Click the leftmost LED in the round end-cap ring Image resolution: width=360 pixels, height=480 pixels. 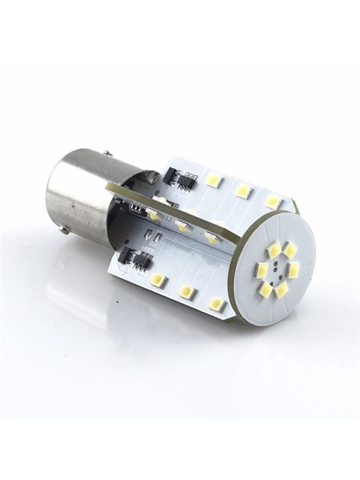pyautogui.click(x=262, y=270)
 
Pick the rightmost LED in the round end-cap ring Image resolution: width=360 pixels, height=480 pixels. pyautogui.click(x=293, y=269)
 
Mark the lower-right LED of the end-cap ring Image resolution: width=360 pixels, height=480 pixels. pyautogui.click(x=281, y=289)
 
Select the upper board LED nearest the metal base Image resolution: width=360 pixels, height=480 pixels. pyautogui.click(x=213, y=179)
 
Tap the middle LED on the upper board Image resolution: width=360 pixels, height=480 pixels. pyautogui.click(x=242, y=190)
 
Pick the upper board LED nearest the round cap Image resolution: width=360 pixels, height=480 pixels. pyautogui.click(x=273, y=200)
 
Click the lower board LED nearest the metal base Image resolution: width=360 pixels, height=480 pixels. pyautogui.click(x=158, y=280)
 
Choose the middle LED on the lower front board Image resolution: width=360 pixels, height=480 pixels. pyautogui.click(x=187, y=292)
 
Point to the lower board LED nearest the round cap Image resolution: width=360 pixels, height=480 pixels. pyautogui.click(x=217, y=304)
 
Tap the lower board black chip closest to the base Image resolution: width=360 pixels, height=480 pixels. pyautogui.click(x=125, y=256)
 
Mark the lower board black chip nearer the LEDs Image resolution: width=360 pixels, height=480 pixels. pyautogui.click(x=143, y=260)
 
